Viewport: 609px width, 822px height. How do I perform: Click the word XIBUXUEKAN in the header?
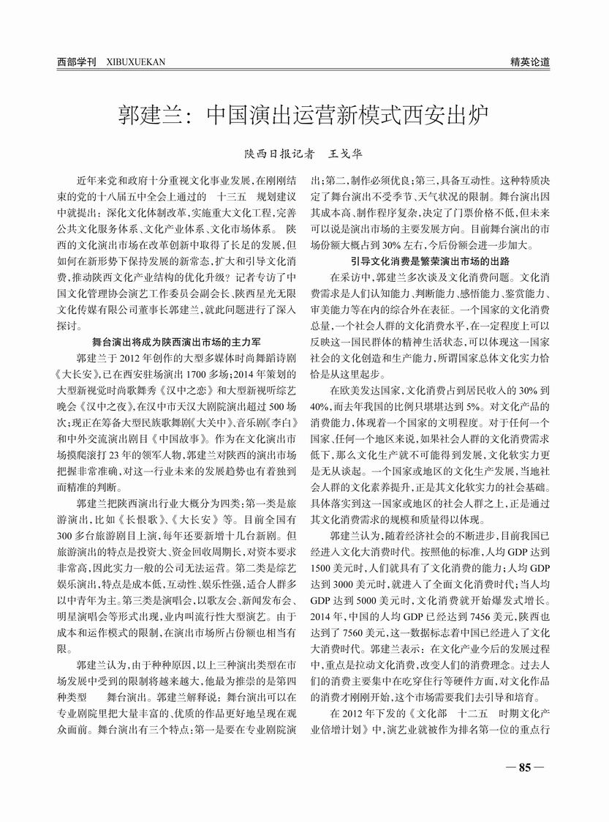126,62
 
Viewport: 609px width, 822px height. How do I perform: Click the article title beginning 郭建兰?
303,115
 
